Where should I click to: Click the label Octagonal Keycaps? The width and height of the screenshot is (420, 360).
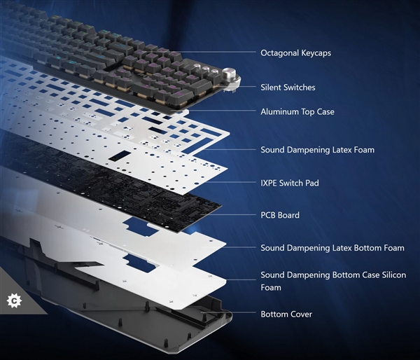295,53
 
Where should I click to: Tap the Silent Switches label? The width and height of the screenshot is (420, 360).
288,88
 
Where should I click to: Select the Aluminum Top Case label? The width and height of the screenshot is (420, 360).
297,111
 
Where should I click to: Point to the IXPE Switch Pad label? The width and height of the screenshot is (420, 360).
290,183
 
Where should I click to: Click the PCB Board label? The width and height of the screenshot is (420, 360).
280,215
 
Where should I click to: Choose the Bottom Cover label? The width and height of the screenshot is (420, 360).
286,314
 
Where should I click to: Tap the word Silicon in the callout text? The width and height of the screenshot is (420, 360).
393,275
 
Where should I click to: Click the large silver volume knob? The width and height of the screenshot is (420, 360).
230,74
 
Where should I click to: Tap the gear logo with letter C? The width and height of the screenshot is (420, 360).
14,300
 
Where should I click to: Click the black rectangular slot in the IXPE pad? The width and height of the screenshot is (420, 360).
120,155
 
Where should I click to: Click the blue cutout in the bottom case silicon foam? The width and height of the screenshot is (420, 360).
140,263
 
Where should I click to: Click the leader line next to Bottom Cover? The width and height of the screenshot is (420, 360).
228,312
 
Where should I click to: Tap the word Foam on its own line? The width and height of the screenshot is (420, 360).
271,288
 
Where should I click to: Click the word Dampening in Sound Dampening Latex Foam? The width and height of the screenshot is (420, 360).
304,150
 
